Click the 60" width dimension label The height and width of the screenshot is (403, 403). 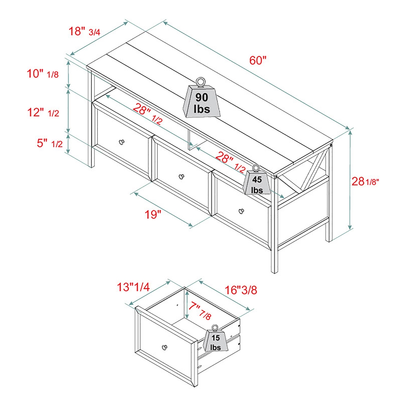[258, 60]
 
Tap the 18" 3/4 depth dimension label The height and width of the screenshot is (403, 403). [84, 31]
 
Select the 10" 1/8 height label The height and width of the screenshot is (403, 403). [43, 74]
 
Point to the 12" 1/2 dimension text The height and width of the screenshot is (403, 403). [43, 112]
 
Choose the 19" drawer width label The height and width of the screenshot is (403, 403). [152, 214]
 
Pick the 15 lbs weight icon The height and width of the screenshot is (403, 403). [216, 340]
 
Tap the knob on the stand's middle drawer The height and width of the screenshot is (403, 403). [181, 176]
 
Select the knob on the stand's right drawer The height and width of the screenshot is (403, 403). [241, 210]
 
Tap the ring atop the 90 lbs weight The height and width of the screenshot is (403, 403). [200, 81]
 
